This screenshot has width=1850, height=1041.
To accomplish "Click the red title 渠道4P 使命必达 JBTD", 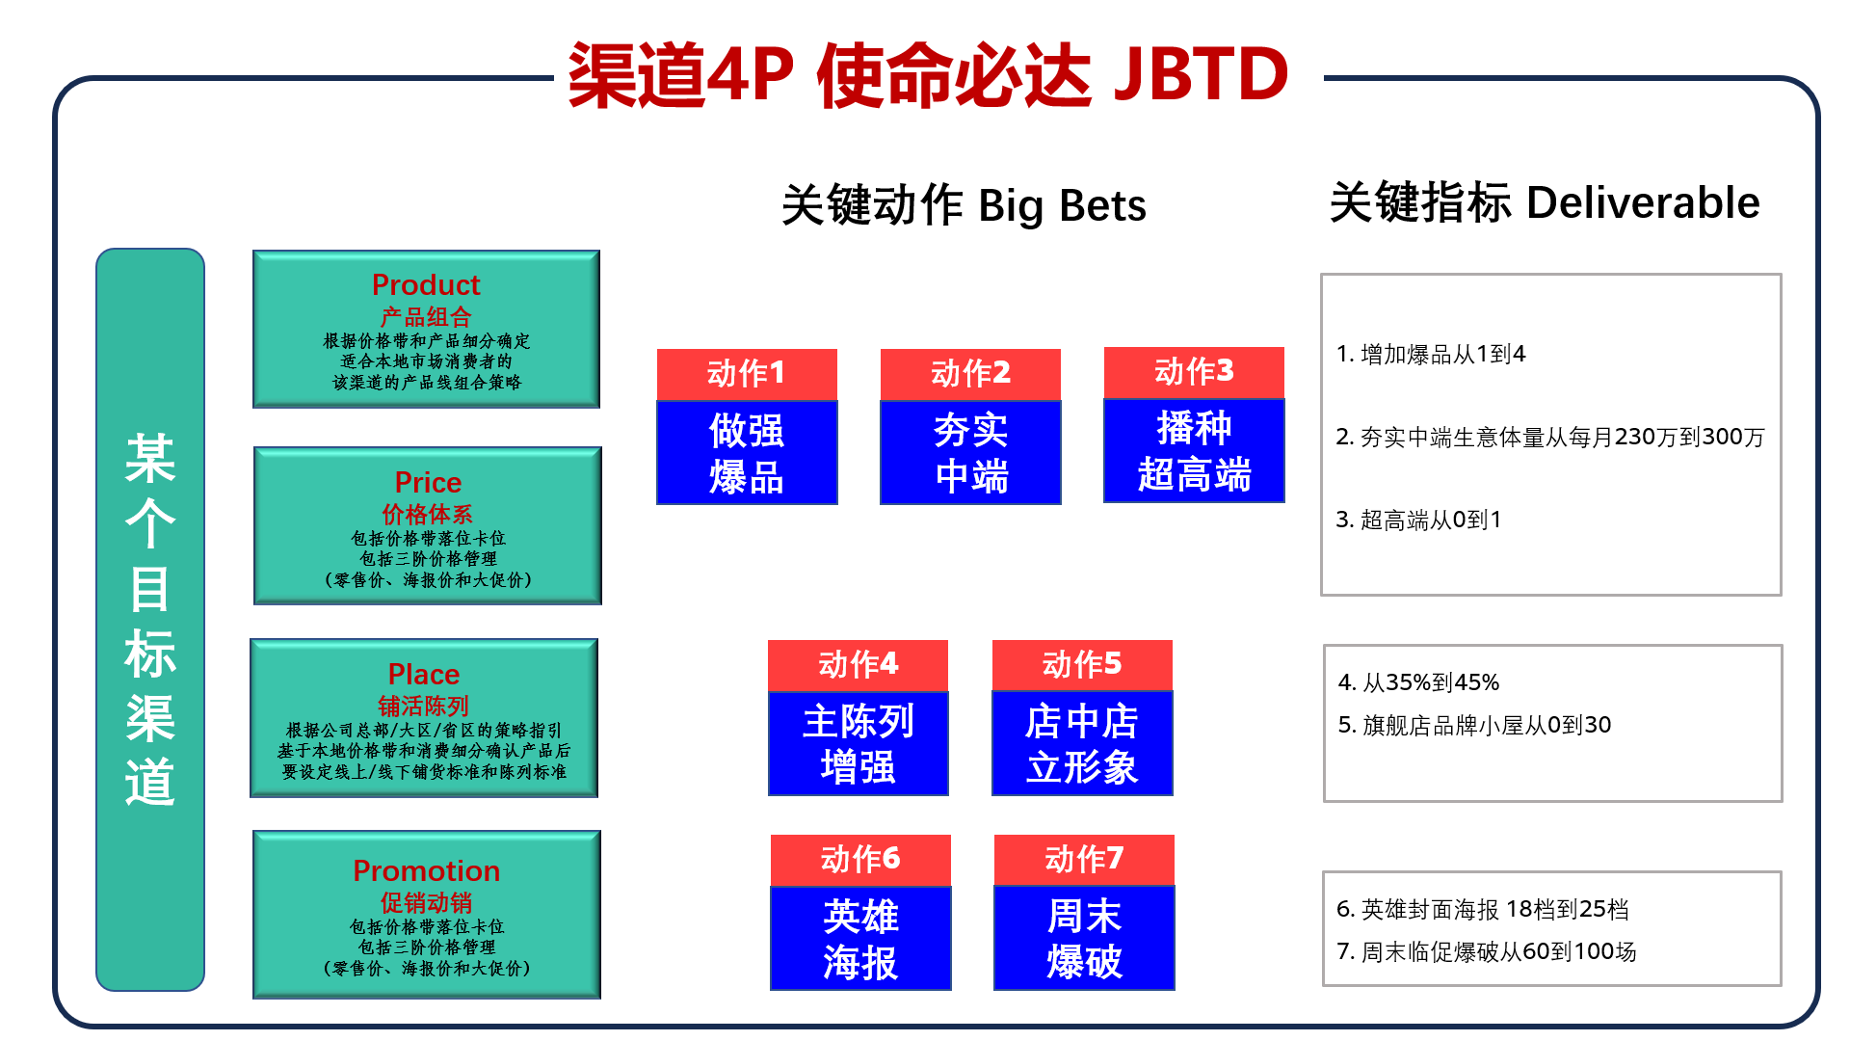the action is click(928, 74).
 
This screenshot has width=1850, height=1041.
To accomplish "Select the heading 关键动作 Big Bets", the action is click(964, 205).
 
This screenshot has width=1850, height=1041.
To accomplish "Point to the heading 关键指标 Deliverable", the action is click(1545, 203).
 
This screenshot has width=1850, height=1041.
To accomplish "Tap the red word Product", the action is click(426, 284).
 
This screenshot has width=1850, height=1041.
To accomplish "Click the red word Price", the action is click(428, 482).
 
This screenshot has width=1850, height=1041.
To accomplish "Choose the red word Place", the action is click(424, 674).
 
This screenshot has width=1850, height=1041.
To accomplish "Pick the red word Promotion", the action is click(427, 870).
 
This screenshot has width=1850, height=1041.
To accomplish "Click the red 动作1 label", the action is click(747, 374).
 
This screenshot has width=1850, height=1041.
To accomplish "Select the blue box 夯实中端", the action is click(970, 452).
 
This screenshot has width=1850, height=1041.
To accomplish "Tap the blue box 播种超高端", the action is click(1194, 450).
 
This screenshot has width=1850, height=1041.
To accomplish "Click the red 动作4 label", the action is click(858, 665).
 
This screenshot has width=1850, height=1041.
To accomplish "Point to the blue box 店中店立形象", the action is click(1082, 743).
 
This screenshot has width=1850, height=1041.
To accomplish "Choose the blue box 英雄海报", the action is click(860, 938).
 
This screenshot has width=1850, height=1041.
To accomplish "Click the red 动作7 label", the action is click(1084, 860).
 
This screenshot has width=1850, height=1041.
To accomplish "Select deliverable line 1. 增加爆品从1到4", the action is click(1431, 355).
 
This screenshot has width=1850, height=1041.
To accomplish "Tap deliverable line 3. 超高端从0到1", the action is click(1418, 520).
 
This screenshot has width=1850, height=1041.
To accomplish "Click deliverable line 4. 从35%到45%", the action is click(1418, 682).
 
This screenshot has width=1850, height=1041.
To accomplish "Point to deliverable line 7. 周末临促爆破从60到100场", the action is click(1487, 951).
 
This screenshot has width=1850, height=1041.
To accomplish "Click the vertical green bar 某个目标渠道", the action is click(150, 619).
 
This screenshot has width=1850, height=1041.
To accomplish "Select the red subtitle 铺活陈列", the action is click(424, 706).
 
